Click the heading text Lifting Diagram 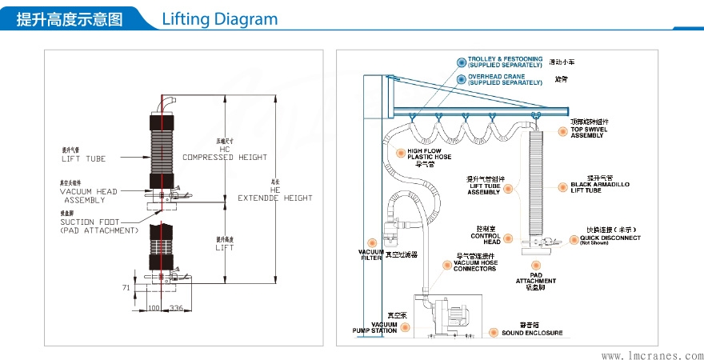click(x=219, y=19)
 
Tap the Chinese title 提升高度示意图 click(x=70, y=19)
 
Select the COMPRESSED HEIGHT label click(x=225, y=158)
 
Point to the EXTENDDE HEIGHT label click(x=275, y=198)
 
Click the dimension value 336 click(x=177, y=307)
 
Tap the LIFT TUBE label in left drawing click(x=84, y=158)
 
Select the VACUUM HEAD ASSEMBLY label click(x=89, y=196)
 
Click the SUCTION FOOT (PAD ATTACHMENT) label click(x=99, y=226)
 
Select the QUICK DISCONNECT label click(x=610, y=238)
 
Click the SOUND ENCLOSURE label click(x=532, y=333)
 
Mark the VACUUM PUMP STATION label click(x=374, y=326)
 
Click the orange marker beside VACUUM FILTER click(x=372, y=242)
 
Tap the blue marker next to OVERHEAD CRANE click(x=461, y=79)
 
